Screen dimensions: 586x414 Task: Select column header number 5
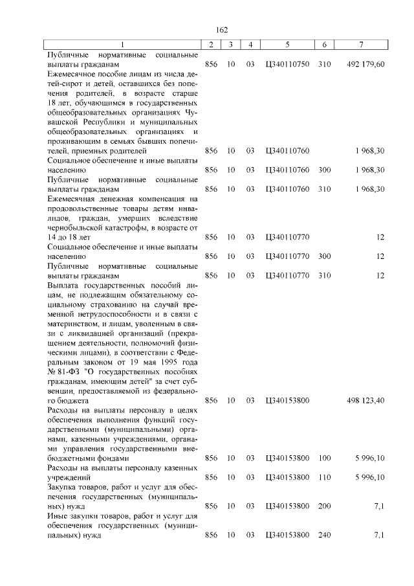(x=287, y=44)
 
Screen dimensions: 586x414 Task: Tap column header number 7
(x=361, y=44)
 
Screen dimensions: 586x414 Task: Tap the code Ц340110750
(x=288, y=65)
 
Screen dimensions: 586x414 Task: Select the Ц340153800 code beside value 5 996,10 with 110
(x=288, y=477)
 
